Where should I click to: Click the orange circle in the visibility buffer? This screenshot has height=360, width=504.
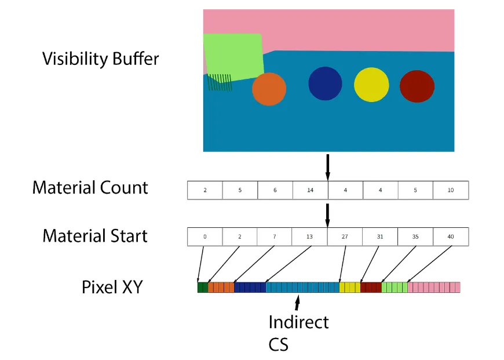coord(269,89)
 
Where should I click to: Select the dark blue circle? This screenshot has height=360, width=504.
coord(325,83)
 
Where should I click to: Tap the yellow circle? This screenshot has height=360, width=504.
coord(371,85)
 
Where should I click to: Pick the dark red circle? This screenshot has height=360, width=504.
coord(417,86)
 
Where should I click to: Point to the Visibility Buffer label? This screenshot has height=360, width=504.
coord(100,59)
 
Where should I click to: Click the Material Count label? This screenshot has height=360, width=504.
coord(90,188)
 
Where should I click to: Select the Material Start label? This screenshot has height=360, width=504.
coord(94,236)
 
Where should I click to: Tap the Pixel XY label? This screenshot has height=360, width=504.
coord(111,286)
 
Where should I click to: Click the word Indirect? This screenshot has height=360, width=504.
coord(298,322)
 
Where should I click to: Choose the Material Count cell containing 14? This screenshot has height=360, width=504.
coord(310,190)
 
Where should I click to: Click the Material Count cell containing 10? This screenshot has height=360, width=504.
coord(451,190)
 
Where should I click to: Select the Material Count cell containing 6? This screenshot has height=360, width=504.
coord(275,190)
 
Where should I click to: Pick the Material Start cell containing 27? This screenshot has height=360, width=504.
coord(345,237)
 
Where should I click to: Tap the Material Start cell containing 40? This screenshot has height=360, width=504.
coord(451,237)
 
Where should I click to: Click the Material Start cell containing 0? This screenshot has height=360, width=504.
coord(204,237)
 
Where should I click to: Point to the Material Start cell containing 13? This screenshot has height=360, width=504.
coord(310,237)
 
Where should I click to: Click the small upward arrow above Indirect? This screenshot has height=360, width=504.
coord(298,303)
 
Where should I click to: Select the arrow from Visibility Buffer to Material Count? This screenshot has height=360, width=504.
coord(328,167)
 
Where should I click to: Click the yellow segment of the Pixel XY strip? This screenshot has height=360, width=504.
coord(349,287)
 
